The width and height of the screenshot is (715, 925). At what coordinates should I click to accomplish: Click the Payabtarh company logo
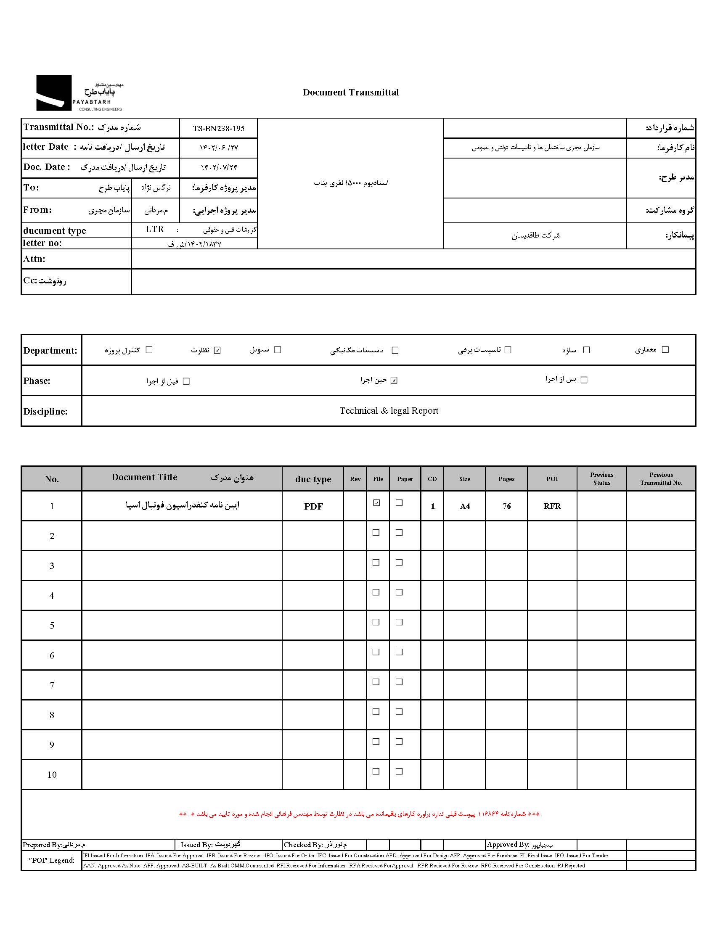coord(79,93)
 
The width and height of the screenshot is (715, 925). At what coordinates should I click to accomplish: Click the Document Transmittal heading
coord(351,92)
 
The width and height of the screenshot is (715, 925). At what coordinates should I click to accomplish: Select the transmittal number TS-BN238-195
coord(219,128)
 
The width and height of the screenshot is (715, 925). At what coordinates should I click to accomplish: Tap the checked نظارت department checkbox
coord(217,350)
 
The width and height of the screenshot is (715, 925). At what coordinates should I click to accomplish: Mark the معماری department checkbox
coord(665,349)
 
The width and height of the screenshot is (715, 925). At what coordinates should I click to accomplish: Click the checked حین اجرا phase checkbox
coord(394,381)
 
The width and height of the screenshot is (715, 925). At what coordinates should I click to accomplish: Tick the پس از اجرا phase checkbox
coord(584,380)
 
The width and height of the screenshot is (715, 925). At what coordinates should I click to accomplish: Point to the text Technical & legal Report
coord(389,411)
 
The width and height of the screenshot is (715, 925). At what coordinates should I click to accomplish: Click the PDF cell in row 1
coord(313,506)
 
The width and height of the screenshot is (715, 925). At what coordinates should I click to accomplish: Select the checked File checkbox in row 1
coord(376,503)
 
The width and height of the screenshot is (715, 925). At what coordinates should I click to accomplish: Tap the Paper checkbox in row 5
coord(399,622)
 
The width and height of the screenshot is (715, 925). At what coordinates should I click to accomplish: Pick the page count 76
coord(507,506)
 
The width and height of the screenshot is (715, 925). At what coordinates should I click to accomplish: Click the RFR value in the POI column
coord(552,506)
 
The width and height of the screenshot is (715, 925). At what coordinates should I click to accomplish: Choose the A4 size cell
coord(465,506)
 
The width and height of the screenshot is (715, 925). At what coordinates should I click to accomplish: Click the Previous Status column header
coord(601,478)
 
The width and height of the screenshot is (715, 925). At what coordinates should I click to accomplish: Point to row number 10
coord(52,774)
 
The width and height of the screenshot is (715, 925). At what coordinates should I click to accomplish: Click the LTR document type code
coord(155,229)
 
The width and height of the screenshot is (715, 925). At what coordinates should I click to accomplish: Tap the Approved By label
coord(508,845)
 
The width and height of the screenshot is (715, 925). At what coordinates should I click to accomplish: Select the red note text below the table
coord(359,814)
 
